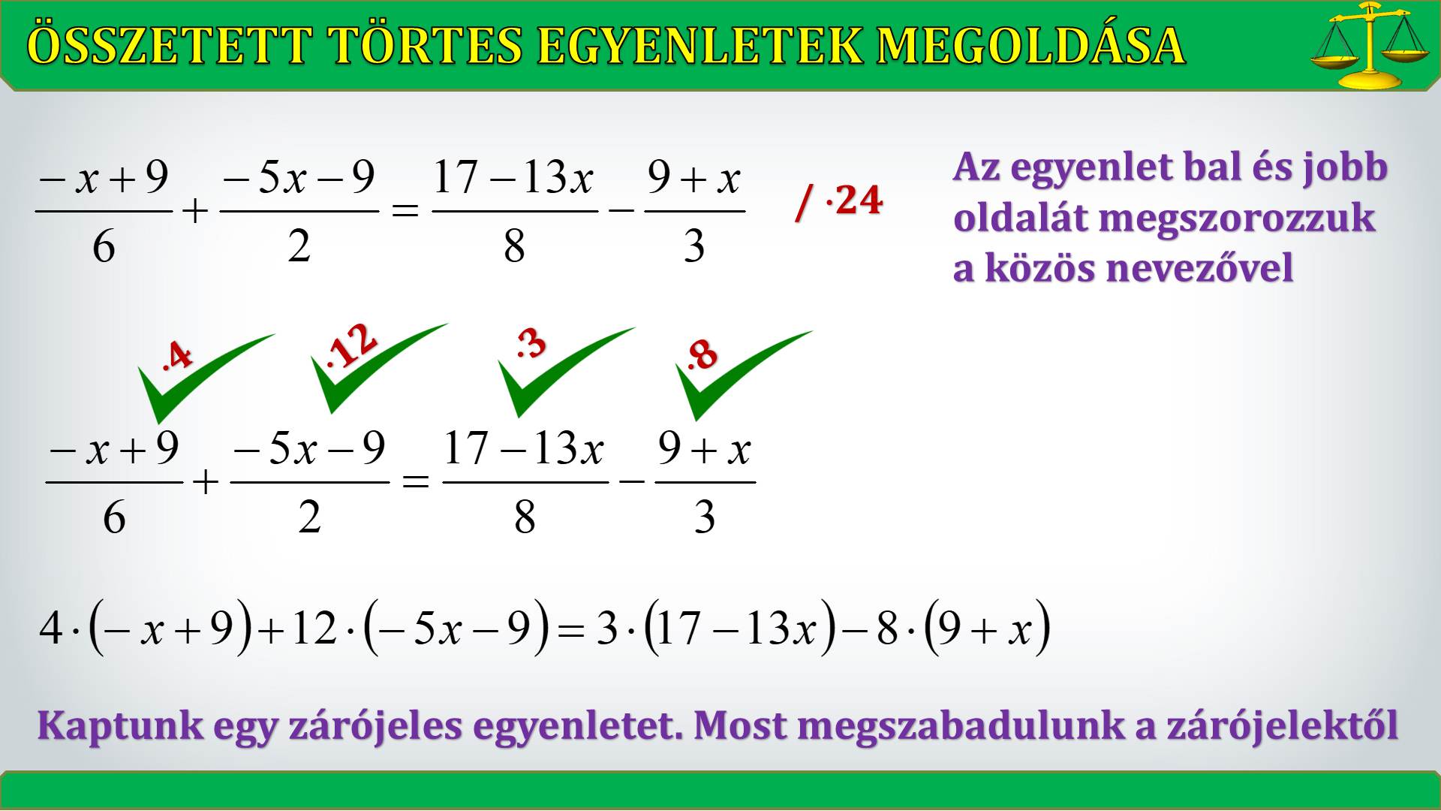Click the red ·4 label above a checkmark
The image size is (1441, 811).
coord(177,355)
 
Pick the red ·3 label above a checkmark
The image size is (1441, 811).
coord(531,344)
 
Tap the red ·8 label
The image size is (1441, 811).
coord(702,354)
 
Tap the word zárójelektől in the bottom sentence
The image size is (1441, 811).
coord(1282,725)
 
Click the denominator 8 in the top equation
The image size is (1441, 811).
coord(514,246)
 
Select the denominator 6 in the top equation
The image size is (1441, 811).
coord(104,246)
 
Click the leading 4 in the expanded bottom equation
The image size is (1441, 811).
coord(50,627)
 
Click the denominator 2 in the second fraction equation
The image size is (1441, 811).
coord(309,517)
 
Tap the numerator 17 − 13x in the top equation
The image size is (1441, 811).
coord(513,178)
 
